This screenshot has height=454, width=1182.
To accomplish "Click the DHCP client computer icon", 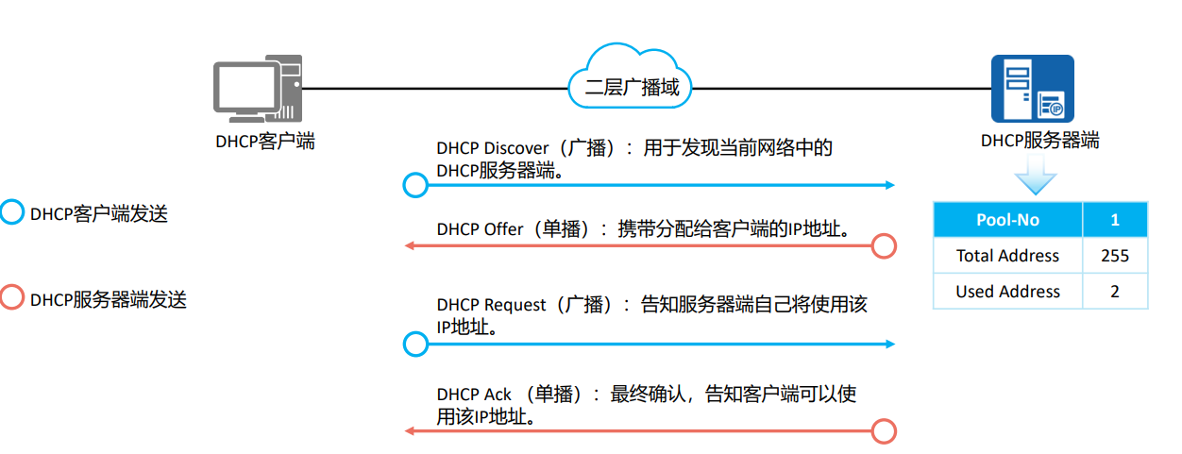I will [x=256, y=90].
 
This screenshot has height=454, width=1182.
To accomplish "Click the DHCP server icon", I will [x=1032, y=91].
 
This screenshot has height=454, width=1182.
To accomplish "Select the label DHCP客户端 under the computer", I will [x=265, y=143].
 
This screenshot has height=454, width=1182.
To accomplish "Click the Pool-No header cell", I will [x=1007, y=220].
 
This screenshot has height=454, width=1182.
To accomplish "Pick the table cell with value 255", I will [x=1114, y=256].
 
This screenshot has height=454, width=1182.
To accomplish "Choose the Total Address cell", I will [x=1007, y=256].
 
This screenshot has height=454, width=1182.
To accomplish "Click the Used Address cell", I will [x=1007, y=292].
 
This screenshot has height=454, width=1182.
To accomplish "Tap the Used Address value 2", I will [x=1114, y=292].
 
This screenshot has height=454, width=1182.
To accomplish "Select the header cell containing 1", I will [x=1114, y=220].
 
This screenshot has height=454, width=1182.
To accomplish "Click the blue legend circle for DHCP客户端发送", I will [x=11, y=212].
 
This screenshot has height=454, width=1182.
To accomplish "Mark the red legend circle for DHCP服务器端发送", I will [x=11, y=298].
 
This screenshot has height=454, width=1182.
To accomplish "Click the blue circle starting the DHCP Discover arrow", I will [x=415, y=185].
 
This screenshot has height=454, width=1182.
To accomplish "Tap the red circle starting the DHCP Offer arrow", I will [x=883, y=246].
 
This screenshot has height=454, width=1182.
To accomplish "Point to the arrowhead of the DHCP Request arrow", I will [x=889, y=345].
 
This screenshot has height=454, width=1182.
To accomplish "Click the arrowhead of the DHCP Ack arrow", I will [x=410, y=431].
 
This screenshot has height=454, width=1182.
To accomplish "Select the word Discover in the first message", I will [x=515, y=148].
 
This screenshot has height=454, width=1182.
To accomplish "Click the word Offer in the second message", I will [x=503, y=228].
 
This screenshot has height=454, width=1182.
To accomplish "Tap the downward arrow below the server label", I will [x=1036, y=179].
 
